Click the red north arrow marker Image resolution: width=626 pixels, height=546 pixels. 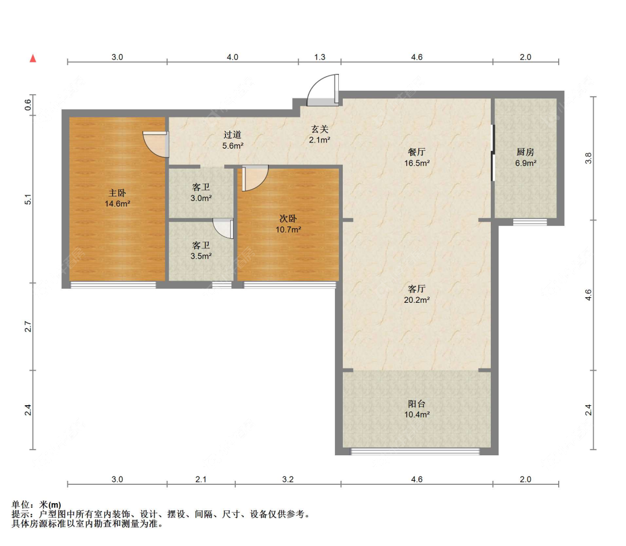coord(33,58)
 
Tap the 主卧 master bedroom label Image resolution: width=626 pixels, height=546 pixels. coord(117,193)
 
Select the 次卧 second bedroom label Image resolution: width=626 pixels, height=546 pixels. coord(288,219)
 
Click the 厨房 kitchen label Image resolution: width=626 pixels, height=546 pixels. coord(525,152)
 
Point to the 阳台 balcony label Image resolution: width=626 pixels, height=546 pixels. coord(416,404)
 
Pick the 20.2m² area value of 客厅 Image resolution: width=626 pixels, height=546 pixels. coord(416,300)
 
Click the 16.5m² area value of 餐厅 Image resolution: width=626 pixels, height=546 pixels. coord(416,163)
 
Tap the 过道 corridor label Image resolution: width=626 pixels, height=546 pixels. coord(233,135)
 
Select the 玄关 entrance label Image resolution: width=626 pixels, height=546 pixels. coord(319,130)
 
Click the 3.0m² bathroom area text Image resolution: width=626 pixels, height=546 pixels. coord(201,198)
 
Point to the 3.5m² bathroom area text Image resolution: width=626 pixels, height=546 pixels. coord(201,256)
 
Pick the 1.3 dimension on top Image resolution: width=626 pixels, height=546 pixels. coord(319,57)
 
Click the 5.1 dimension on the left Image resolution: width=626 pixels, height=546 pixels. coord(28,199)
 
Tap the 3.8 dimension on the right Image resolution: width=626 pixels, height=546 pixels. coord(588,158)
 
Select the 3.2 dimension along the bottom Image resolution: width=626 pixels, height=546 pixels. coord(288,479)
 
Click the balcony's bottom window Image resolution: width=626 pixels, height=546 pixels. coord(415,452)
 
